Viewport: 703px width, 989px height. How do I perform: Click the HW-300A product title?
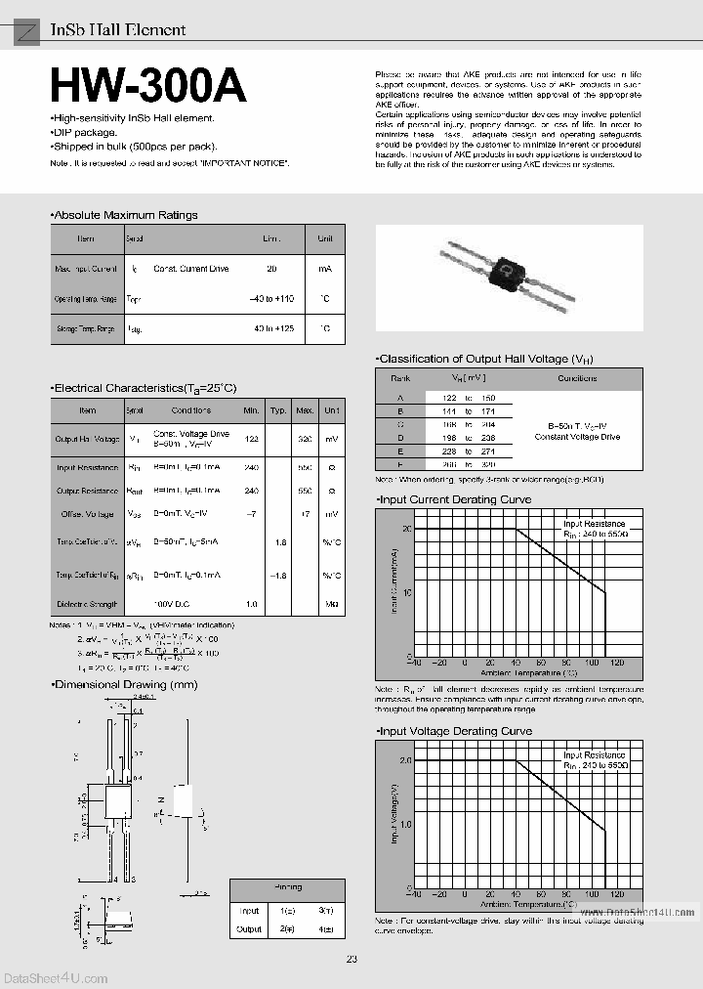click(148, 87)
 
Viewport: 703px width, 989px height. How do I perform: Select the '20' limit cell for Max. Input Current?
click(271, 268)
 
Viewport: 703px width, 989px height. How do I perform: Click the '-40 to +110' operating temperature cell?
click(271, 298)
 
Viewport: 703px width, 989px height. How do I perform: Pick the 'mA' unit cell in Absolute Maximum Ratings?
click(324, 268)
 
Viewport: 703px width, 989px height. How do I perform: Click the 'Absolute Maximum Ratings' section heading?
click(124, 215)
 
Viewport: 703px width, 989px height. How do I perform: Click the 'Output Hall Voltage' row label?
click(87, 441)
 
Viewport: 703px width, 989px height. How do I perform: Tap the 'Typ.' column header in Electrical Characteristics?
click(278, 410)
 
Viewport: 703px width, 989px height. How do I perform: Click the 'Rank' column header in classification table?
click(400, 378)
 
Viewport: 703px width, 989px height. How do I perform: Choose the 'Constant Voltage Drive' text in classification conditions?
click(577, 437)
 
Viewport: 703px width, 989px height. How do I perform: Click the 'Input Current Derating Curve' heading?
click(454, 499)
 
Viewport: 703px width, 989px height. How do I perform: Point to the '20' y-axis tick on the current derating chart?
click(407, 529)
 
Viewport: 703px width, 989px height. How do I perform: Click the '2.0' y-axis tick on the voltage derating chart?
click(405, 760)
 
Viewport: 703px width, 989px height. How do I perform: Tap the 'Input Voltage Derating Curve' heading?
click(455, 731)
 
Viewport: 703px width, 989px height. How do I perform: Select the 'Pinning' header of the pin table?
click(288, 888)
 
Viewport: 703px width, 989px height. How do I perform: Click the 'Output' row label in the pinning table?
click(249, 929)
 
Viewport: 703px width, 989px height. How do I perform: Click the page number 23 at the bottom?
click(351, 959)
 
